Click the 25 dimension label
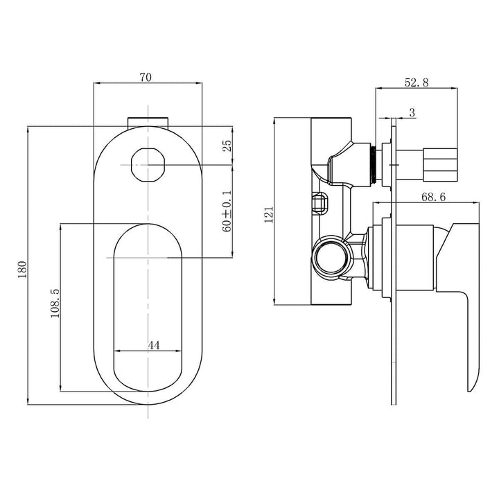pyautogui.click(x=227, y=146)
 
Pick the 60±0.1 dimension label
pyautogui.click(x=227, y=211)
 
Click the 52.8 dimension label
pyautogui.click(x=416, y=82)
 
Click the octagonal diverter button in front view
pyautogui.click(x=148, y=165)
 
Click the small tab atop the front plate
pyautogui.click(x=148, y=121)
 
